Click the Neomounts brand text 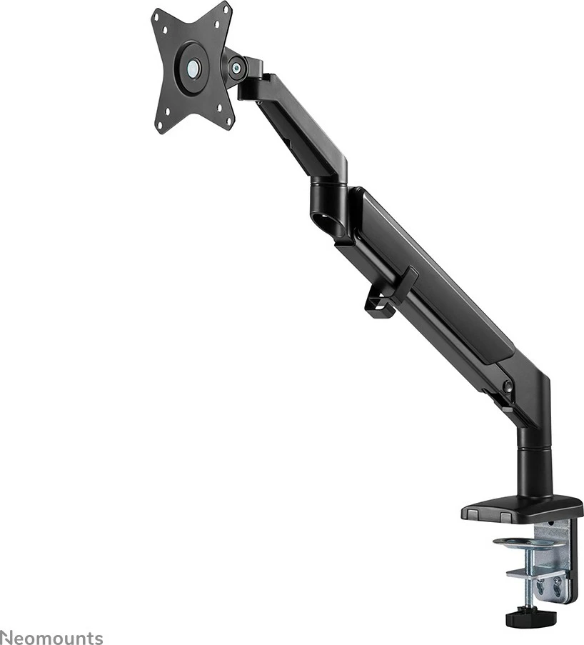51,637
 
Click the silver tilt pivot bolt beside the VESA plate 236,69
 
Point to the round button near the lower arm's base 507,386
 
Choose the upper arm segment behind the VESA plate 293,129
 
